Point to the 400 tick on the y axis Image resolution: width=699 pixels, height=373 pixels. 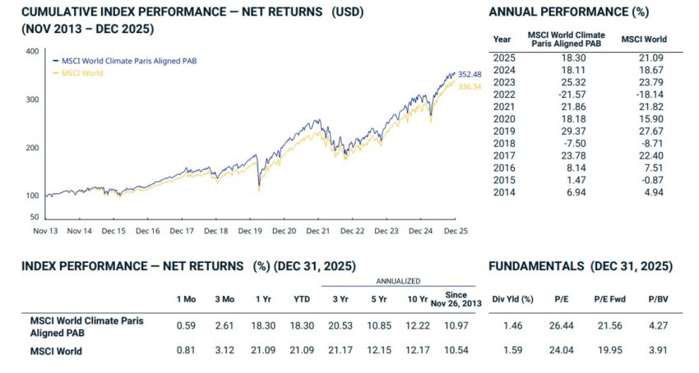point(32,51)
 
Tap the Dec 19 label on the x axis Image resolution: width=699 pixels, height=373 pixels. point(250,232)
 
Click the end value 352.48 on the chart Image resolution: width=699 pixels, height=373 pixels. point(469,75)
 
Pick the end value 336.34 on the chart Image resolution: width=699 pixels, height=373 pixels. point(469,86)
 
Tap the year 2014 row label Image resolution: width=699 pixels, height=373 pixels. point(502,191)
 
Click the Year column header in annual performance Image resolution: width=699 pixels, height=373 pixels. point(502,39)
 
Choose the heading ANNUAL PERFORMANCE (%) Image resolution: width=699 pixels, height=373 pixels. point(568,12)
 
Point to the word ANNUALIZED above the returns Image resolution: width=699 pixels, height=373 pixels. point(398,281)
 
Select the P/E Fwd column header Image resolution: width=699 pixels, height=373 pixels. point(610,299)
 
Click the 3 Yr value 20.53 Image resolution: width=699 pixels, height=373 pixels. point(340,325)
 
